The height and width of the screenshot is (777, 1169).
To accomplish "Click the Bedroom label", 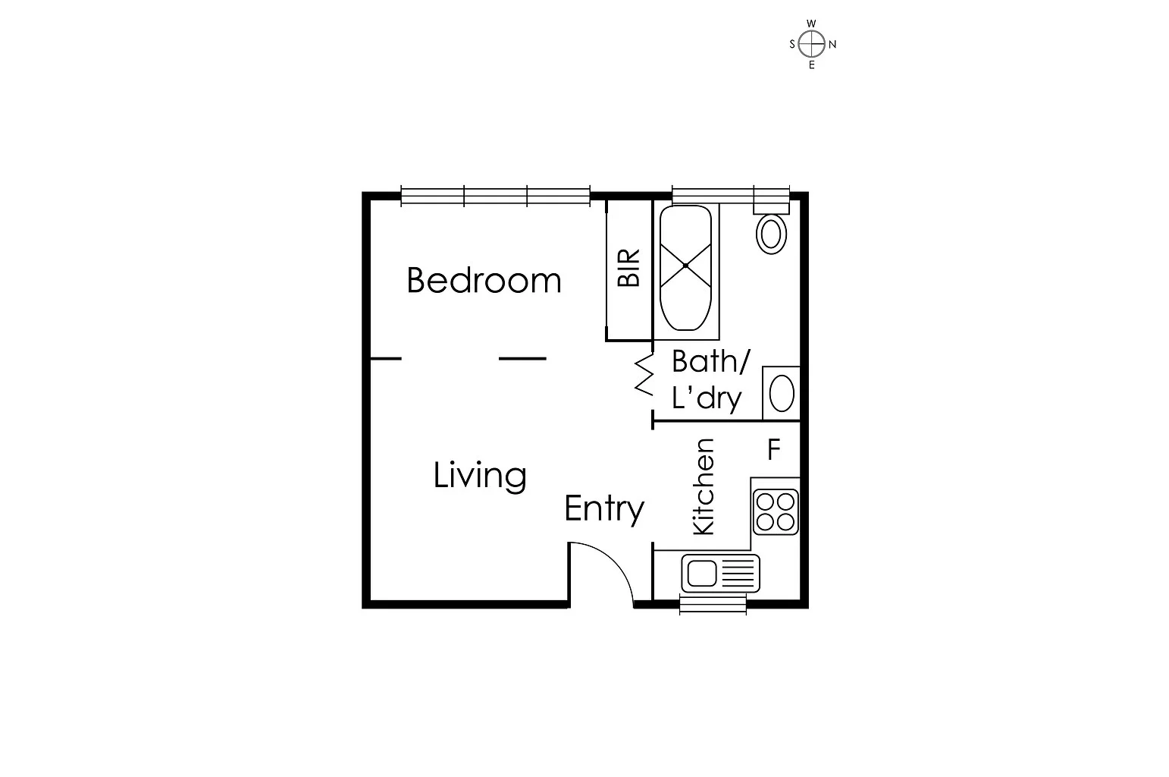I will click(x=484, y=280).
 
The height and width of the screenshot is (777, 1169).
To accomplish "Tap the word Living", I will click(x=480, y=476).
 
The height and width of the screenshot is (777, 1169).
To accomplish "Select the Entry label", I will click(x=604, y=508).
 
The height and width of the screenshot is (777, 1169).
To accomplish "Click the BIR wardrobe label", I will click(x=629, y=268).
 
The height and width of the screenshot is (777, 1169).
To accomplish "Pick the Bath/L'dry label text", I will click(x=710, y=379).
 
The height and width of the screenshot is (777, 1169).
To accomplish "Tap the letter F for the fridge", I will click(x=773, y=450).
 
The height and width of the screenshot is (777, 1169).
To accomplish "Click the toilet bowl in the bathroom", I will click(x=771, y=233).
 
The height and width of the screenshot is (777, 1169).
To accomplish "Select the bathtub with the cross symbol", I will click(x=685, y=266).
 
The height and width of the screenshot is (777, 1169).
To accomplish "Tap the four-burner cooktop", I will click(x=776, y=511).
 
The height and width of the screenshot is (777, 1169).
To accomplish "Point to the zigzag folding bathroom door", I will click(x=644, y=376).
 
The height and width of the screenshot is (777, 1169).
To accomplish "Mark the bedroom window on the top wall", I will click(x=495, y=197).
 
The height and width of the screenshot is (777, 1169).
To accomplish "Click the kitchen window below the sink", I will click(x=713, y=605).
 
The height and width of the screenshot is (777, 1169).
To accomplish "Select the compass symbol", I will click(x=812, y=44).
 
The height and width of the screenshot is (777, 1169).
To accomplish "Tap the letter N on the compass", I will click(x=832, y=44).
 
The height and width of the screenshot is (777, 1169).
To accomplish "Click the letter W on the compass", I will click(x=812, y=24).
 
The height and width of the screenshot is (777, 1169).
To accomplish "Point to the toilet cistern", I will click(x=771, y=202).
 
